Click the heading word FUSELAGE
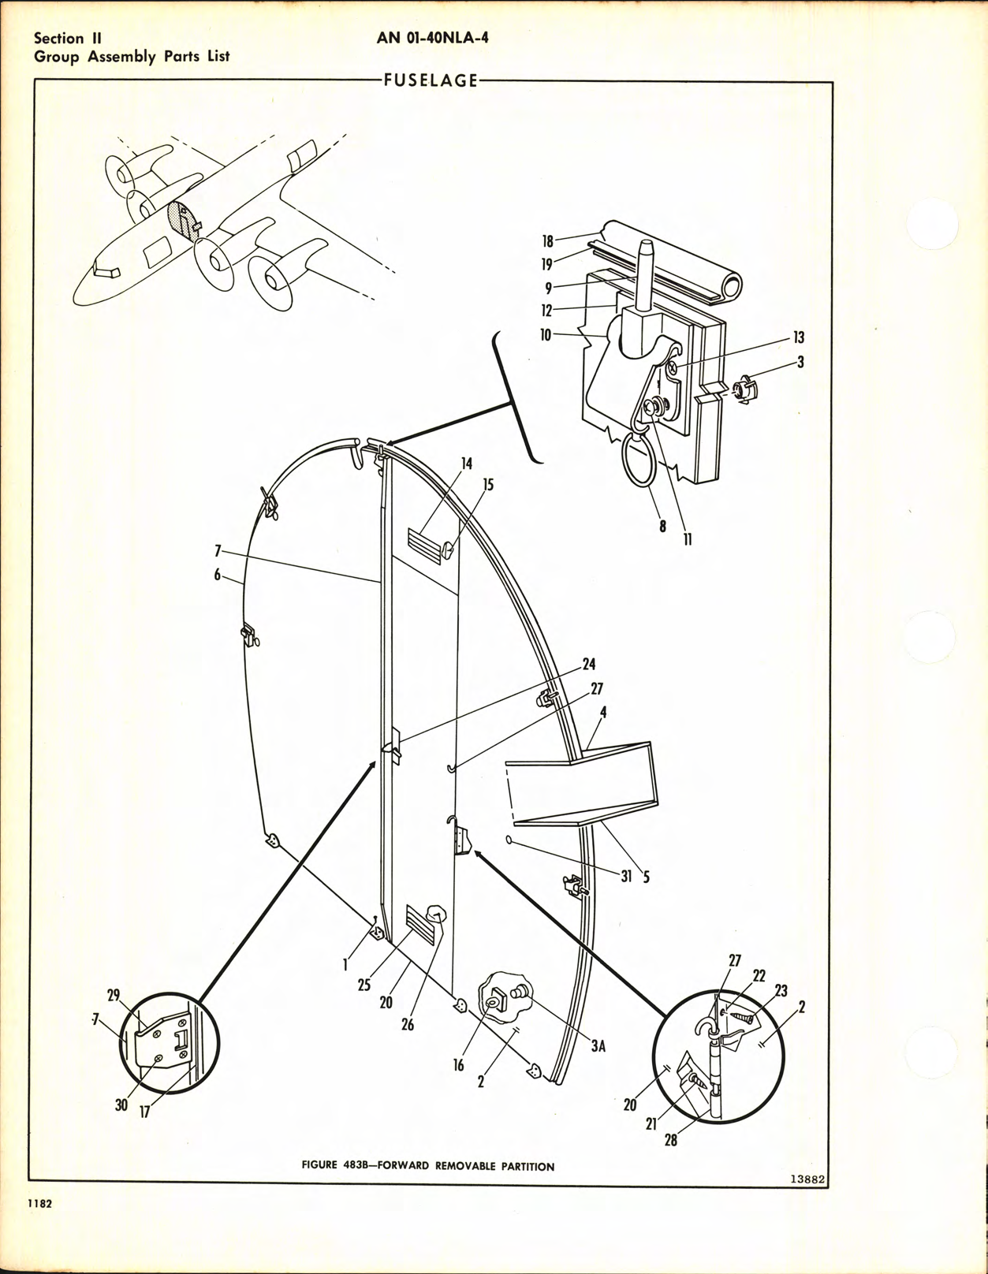(431, 80)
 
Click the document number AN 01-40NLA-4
(432, 36)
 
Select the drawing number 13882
(807, 1179)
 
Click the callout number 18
(547, 242)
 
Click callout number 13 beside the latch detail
(799, 337)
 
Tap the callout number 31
(626, 876)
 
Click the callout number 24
(588, 665)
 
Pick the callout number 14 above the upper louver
(467, 464)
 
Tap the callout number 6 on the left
(217, 576)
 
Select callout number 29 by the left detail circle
(113, 996)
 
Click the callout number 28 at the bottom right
(670, 1140)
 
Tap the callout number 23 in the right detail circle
(781, 991)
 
